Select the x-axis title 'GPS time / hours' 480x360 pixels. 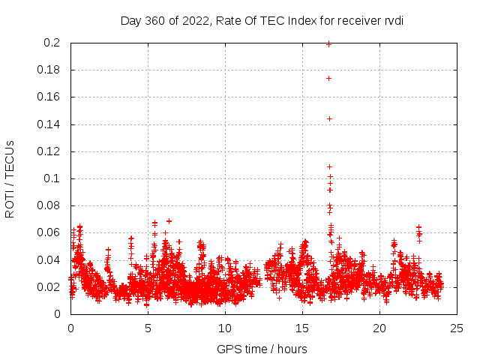[262, 349]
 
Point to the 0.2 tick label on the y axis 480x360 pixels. [52, 43]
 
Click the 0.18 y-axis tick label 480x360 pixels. [49, 70]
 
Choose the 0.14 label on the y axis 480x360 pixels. [49, 124]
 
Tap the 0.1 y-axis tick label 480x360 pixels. [52, 178]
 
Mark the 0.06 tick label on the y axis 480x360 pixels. [49, 232]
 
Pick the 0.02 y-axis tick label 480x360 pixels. [49, 287]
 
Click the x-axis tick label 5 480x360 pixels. [148, 328]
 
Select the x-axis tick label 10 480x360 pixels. [225, 328]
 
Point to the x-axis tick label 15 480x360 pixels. [302, 328]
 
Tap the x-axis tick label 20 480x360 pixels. [379, 328]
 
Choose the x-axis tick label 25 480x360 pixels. [457, 328]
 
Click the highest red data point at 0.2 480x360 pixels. [328, 43]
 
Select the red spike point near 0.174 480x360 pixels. [328, 78]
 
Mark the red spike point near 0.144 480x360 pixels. [328, 118]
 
